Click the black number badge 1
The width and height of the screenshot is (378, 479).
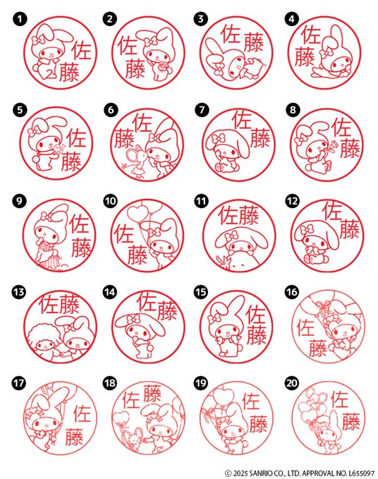(x=20, y=19)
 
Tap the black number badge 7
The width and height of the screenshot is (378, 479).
(x=202, y=109)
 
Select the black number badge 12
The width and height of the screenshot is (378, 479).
(x=292, y=201)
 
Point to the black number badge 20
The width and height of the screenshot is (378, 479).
(x=291, y=383)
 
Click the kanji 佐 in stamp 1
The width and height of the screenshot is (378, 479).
(x=82, y=51)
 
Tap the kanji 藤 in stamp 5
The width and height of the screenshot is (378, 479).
(x=71, y=162)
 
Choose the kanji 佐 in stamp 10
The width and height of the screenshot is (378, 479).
(x=123, y=234)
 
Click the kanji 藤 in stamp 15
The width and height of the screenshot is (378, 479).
(x=257, y=334)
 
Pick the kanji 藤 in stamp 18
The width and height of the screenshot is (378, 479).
(x=152, y=394)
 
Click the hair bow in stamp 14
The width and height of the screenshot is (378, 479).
(x=133, y=320)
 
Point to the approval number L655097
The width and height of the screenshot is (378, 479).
(x=361, y=473)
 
